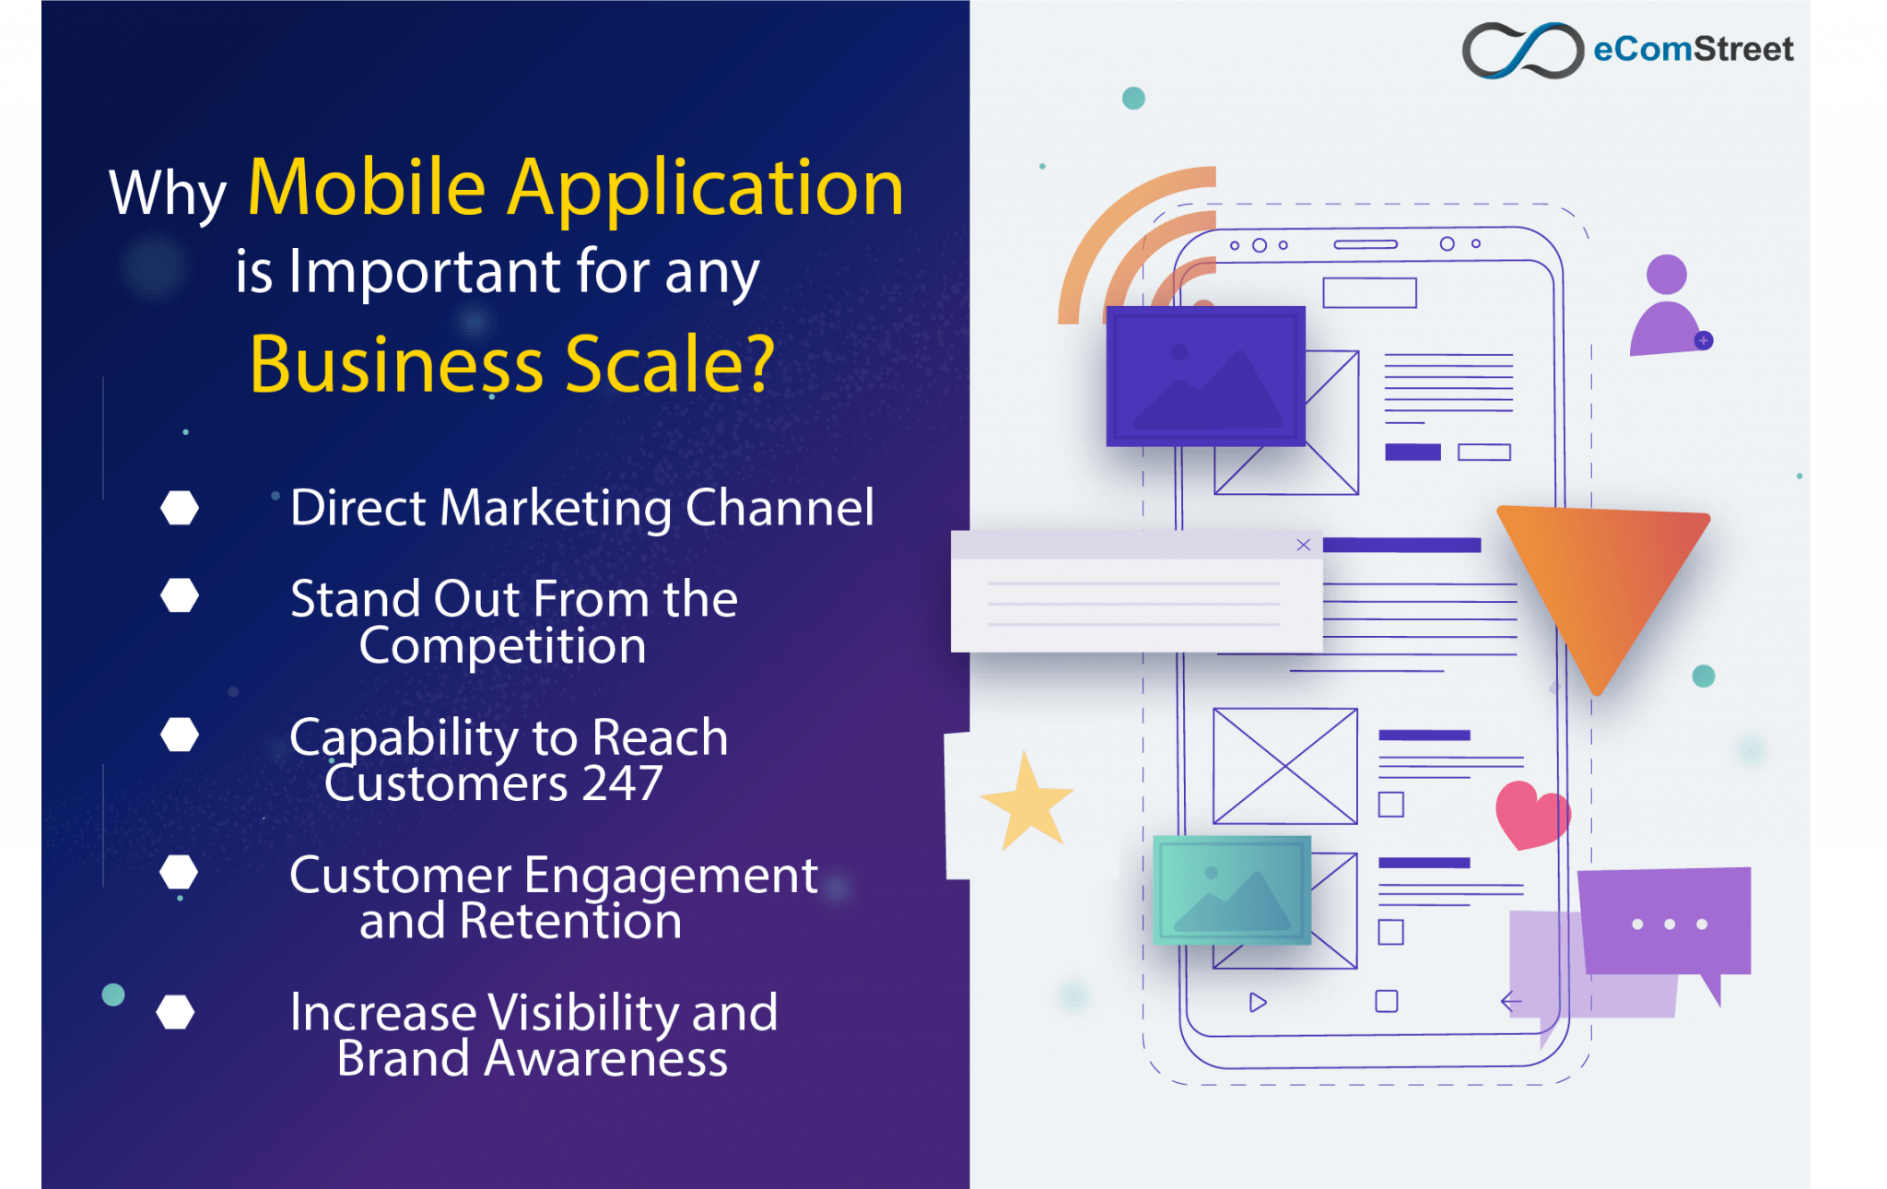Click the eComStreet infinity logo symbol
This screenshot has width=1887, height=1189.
[x=1523, y=50]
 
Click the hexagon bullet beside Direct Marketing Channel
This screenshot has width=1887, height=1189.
[x=180, y=508]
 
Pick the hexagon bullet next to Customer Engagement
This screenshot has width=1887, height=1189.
[x=179, y=872]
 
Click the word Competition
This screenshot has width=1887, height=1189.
[x=502, y=645]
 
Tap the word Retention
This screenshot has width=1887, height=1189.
[x=571, y=921]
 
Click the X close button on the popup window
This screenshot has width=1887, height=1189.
[x=1303, y=545]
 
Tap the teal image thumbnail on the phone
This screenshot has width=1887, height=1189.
[x=1232, y=890]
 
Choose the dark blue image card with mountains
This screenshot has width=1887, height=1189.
[x=1205, y=376]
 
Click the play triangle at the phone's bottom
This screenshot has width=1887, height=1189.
[x=1258, y=1002]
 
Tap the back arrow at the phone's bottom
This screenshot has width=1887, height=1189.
[x=1511, y=1001]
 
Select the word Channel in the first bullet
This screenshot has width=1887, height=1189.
[x=779, y=508]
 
